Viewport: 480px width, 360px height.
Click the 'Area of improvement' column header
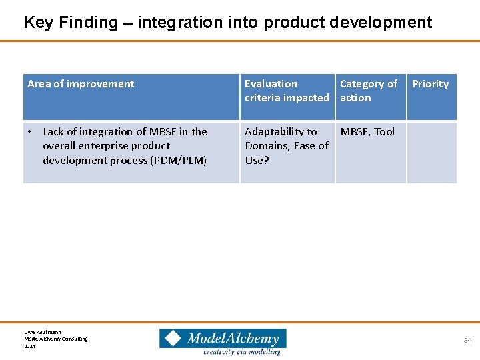(x=81, y=84)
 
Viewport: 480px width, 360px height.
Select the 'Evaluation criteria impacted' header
(x=287, y=91)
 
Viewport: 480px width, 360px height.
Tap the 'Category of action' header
(x=368, y=91)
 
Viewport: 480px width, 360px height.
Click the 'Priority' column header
(x=430, y=84)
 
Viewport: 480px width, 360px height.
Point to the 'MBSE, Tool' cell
(x=367, y=132)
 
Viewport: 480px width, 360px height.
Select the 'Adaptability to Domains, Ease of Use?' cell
(x=287, y=146)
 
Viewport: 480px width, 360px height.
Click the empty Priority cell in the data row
(x=431, y=152)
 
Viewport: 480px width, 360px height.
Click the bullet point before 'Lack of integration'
(x=31, y=132)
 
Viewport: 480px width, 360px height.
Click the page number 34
(x=467, y=341)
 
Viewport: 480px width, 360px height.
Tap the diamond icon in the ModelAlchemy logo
(x=173, y=339)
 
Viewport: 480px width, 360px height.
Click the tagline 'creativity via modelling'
(x=242, y=351)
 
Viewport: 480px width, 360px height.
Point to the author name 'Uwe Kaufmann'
(x=43, y=331)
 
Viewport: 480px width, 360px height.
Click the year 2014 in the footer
(x=30, y=346)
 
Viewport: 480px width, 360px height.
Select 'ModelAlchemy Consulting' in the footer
(x=56, y=339)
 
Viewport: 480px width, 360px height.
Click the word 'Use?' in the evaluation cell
(x=257, y=160)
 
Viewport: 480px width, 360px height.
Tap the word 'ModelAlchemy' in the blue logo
(x=233, y=338)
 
